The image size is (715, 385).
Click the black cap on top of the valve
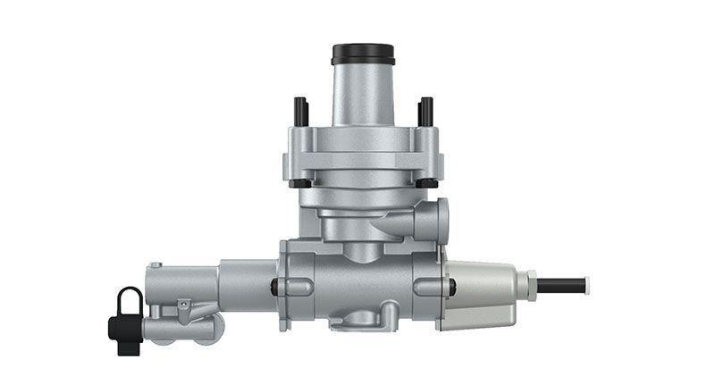pos(363,54)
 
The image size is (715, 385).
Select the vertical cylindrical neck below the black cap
pos(363,94)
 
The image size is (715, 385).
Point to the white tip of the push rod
pos(585,286)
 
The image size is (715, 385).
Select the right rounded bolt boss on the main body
pos(434,287)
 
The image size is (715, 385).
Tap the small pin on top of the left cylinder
pos(156,264)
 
